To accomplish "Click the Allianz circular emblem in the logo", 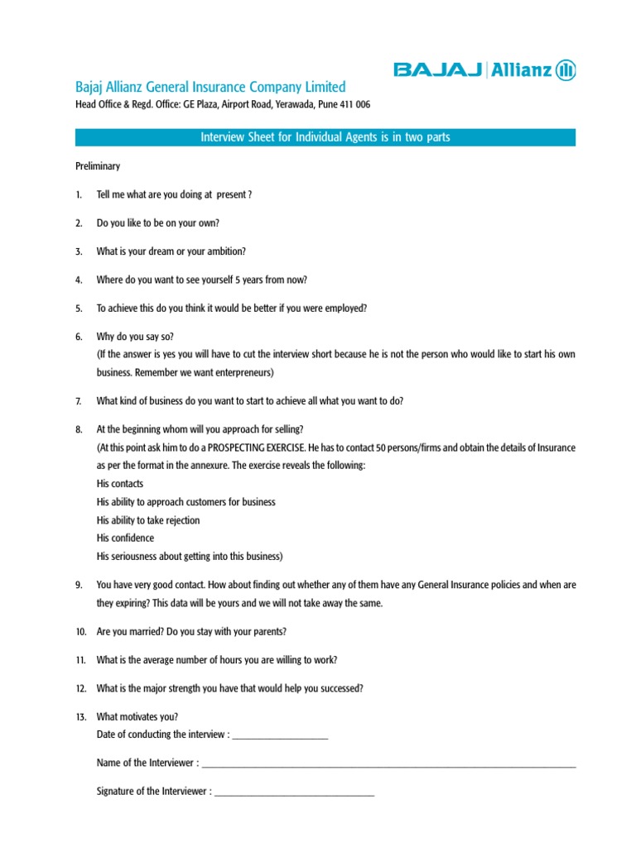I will click(566, 70).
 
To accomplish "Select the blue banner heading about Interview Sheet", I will click(325, 137).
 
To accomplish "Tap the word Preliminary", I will click(98, 166).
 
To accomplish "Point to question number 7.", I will click(79, 401).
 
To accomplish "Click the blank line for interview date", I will click(281, 735).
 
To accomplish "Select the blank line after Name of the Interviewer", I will click(388, 763).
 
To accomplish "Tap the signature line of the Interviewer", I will click(294, 792).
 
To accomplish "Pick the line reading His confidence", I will click(125, 538).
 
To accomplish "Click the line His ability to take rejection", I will click(148, 520).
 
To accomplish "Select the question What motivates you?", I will click(137, 717).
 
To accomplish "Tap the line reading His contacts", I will click(120, 484).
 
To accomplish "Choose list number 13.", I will click(80, 717).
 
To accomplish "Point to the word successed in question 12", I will click(340, 688).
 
